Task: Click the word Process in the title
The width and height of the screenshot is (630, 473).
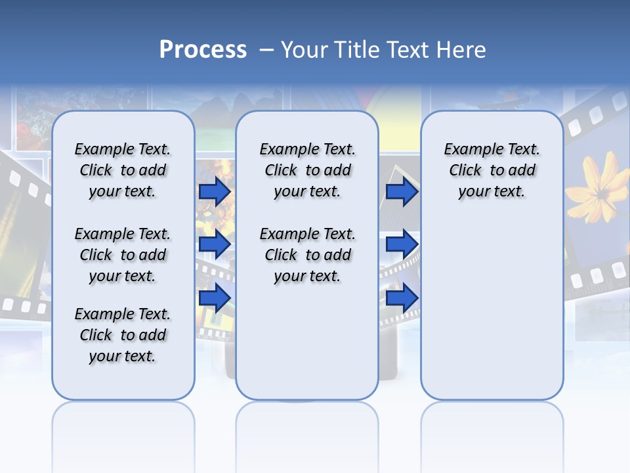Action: [203, 50]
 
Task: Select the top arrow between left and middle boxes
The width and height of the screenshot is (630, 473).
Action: [215, 191]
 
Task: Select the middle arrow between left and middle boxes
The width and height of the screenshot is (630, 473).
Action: [215, 244]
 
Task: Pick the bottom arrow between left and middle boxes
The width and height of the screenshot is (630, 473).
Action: [215, 298]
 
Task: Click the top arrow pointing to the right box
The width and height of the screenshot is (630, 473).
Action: [402, 191]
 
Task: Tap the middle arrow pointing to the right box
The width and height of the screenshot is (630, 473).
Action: [402, 244]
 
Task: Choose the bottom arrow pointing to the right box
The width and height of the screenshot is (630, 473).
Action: [402, 298]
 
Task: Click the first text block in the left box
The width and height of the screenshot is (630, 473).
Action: [123, 170]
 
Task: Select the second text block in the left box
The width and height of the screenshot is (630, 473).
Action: [123, 255]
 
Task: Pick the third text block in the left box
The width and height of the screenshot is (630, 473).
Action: [123, 335]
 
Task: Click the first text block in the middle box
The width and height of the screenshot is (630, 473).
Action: [307, 170]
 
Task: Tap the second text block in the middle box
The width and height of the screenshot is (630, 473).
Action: [307, 255]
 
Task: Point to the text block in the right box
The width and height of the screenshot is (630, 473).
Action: [492, 170]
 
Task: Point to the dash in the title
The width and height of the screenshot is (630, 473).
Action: [266, 50]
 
